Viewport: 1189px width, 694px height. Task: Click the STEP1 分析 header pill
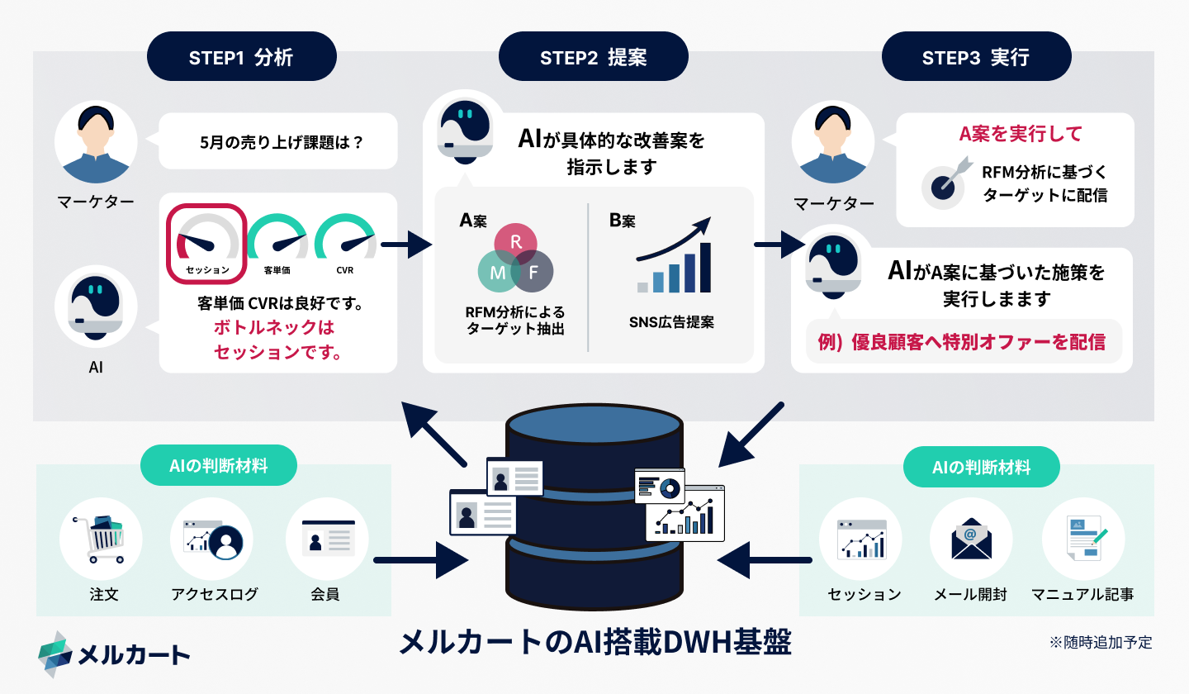pos(241,57)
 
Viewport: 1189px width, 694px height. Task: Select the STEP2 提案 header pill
pos(593,57)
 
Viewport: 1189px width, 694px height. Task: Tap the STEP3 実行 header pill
pos(976,57)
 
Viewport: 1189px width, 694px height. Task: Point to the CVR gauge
pos(344,242)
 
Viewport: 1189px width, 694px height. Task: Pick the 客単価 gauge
pos(277,242)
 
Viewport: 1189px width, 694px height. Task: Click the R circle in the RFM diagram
pos(516,243)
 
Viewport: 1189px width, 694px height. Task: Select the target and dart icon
pos(942,183)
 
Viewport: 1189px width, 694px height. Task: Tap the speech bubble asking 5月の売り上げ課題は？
pos(278,141)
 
